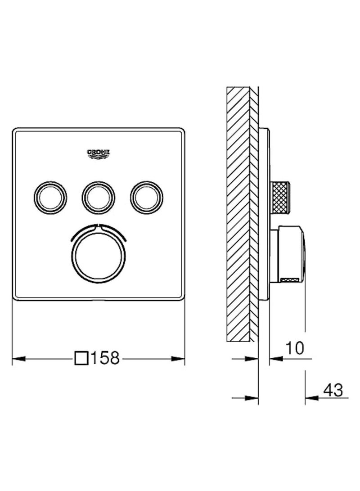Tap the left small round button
click(x=50, y=198)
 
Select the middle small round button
click(x=98, y=198)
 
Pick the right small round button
click(x=147, y=198)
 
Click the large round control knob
click(x=99, y=256)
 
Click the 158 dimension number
click(x=105, y=358)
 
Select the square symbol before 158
click(x=81, y=358)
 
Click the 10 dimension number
click(x=295, y=347)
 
